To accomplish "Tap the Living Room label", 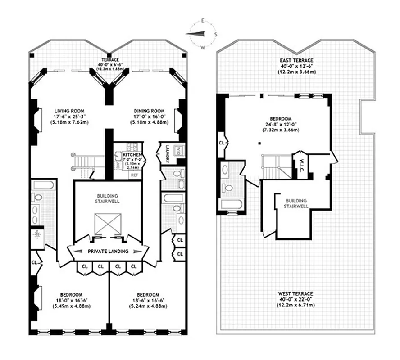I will pos(70,111).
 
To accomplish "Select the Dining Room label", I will pos(148,111).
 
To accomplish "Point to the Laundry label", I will pos(167,153).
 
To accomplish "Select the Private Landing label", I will pos(108,251).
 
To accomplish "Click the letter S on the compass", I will pos(216,34).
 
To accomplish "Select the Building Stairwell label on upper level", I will pos(295,203).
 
